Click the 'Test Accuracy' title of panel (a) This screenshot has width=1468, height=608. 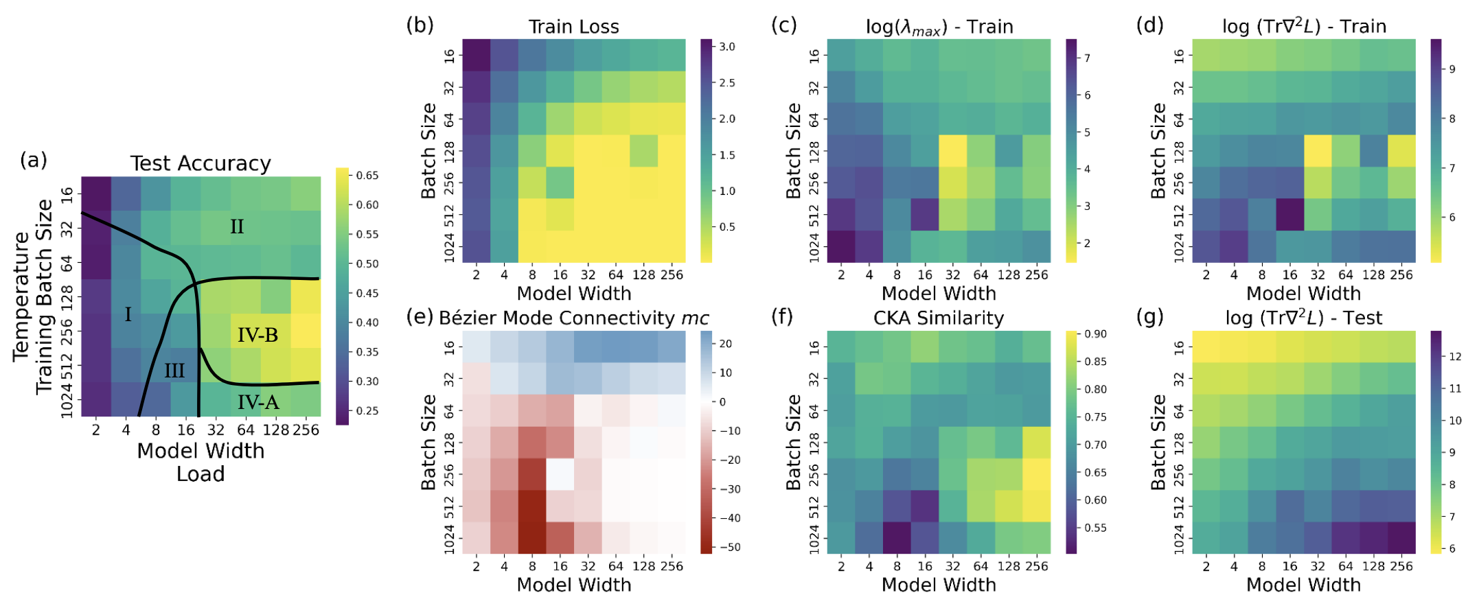coord(200,163)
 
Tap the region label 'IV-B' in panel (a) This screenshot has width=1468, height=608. coord(257,335)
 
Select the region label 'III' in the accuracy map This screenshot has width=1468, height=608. coord(174,371)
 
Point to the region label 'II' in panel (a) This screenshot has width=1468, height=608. coord(237,226)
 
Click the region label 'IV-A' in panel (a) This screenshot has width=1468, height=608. coord(258,402)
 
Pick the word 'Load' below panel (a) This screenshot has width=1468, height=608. coord(200,474)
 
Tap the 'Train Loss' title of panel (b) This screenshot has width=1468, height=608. coord(573,27)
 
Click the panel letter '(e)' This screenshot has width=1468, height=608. coord(420,316)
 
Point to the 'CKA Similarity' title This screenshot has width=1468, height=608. coord(939,318)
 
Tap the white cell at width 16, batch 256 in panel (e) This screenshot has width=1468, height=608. coord(560,473)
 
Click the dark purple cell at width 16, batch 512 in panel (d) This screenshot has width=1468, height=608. coord(1289,214)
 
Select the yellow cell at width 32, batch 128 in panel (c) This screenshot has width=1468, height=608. coord(952,150)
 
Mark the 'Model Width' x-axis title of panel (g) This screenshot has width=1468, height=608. coord(1303,585)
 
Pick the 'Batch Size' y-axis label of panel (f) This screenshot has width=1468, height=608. coord(793,442)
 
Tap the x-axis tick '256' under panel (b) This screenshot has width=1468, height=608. coord(672,275)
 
